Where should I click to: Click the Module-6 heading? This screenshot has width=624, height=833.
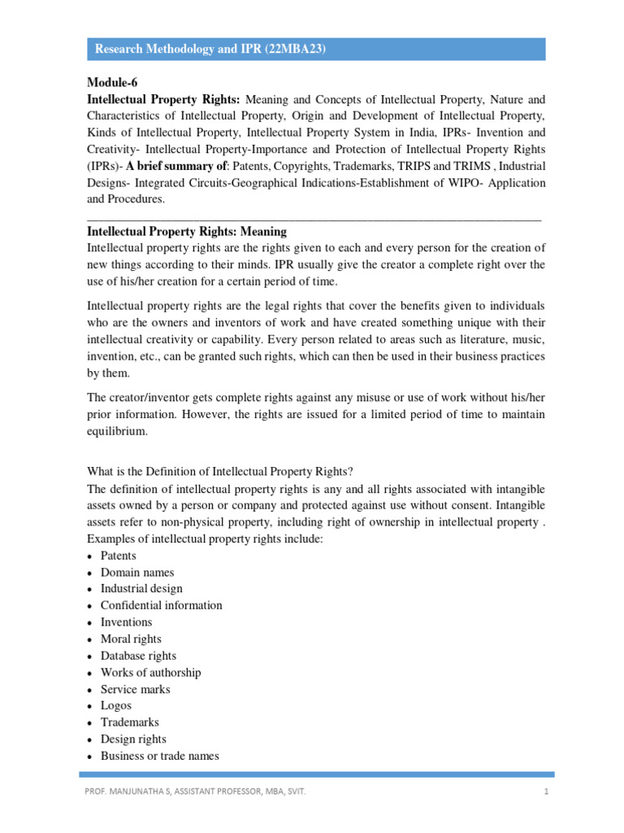[x=114, y=83]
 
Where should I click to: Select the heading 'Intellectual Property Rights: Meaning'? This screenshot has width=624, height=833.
[x=186, y=232]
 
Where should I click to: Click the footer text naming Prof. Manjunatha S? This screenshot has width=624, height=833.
[x=196, y=790]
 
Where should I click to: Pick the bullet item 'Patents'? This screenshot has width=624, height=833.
[x=119, y=556]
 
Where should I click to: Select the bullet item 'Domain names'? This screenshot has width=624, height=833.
[x=137, y=572]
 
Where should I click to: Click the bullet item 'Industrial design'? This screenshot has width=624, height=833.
[x=141, y=588]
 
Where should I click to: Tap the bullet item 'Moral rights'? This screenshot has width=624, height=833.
[x=131, y=639]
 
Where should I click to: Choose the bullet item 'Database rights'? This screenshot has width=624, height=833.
[x=138, y=656]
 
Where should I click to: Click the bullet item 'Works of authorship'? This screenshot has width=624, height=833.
[x=150, y=672]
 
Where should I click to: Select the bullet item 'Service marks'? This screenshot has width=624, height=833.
[x=136, y=689]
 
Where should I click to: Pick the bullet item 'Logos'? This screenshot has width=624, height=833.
[x=116, y=705]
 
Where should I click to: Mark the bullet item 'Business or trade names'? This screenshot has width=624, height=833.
[x=159, y=756]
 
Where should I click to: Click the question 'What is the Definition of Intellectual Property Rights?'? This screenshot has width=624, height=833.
[x=220, y=471]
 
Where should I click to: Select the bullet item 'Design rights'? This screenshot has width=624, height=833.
[x=133, y=739]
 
